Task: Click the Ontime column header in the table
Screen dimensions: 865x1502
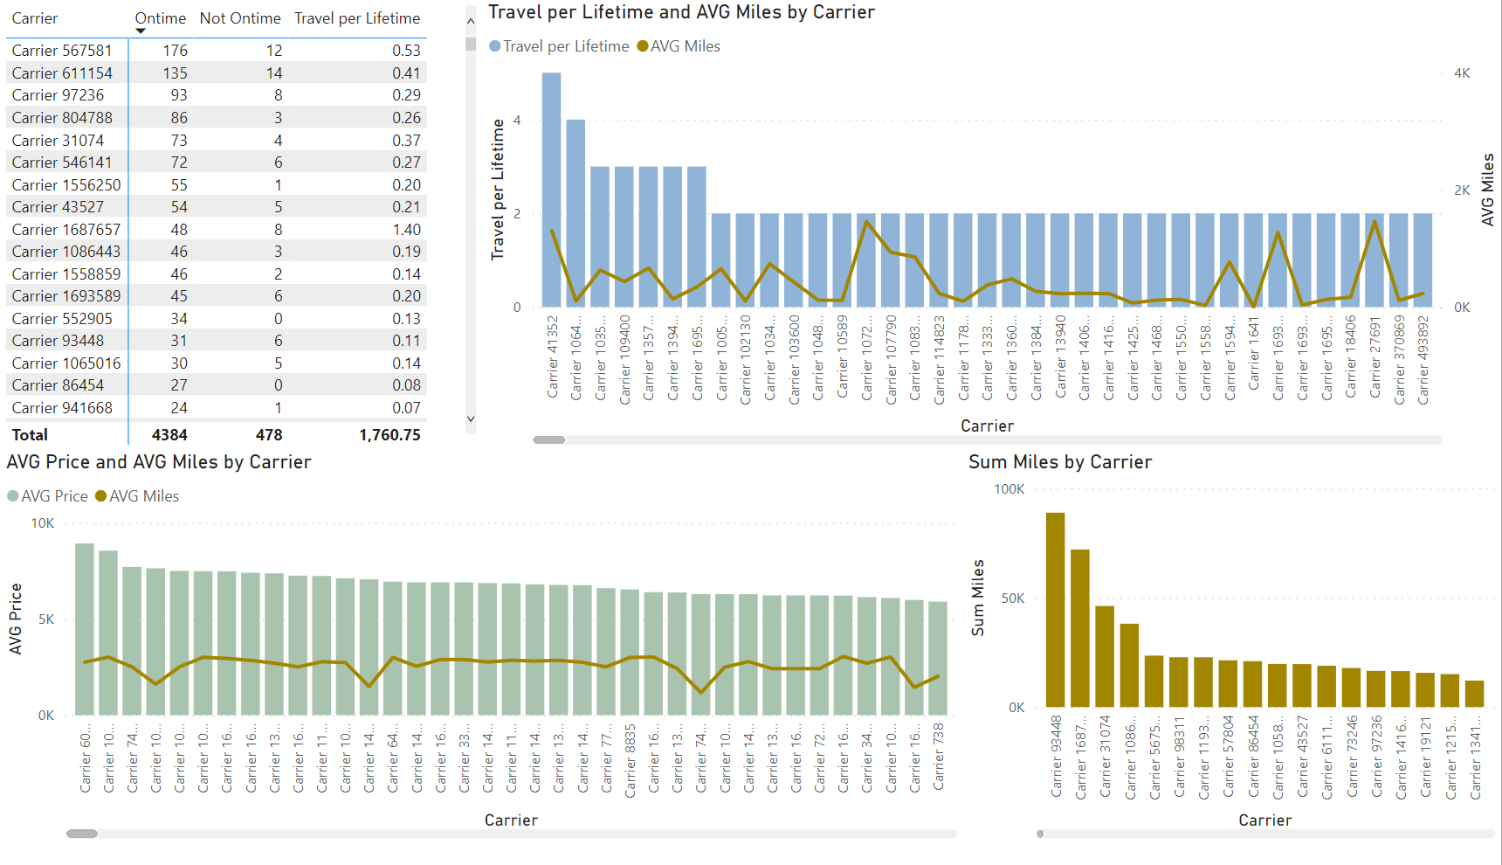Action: (160, 18)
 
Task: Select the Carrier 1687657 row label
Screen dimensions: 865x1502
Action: (66, 229)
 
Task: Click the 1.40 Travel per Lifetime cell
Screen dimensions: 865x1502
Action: (406, 229)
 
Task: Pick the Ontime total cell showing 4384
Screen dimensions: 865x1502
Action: (169, 434)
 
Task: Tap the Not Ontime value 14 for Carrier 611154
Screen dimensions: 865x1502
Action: (274, 73)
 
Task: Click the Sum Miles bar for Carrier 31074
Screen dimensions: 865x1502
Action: (1105, 656)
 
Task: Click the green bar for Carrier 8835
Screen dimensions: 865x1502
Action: (630, 652)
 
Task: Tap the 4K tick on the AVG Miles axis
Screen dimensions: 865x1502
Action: (1461, 73)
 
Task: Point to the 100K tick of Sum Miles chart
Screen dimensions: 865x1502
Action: (1009, 489)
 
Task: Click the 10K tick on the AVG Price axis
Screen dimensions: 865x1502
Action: (42, 523)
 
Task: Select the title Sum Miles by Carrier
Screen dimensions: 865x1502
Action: (1059, 462)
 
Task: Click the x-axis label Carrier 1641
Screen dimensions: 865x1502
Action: (1253, 354)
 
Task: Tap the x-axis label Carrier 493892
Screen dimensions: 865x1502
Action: (1423, 359)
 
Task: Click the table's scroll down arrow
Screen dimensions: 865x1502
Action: (471, 419)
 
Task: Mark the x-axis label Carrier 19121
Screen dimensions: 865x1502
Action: (1425, 756)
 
